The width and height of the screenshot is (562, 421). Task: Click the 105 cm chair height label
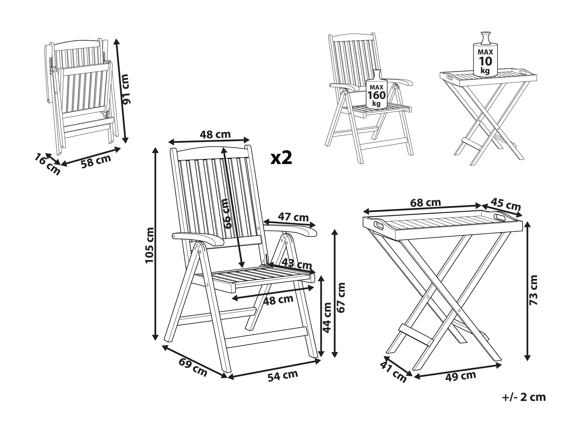pos(150,245)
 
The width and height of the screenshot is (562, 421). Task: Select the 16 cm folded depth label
pos(47,164)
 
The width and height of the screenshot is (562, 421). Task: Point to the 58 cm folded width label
pos(96,161)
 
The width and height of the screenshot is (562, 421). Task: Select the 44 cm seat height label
pos(327,318)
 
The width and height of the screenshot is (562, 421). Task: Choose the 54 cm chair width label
pos(283,376)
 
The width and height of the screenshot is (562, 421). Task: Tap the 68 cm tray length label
pos(426,203)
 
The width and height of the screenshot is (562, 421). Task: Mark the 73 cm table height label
pos(533,290)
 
